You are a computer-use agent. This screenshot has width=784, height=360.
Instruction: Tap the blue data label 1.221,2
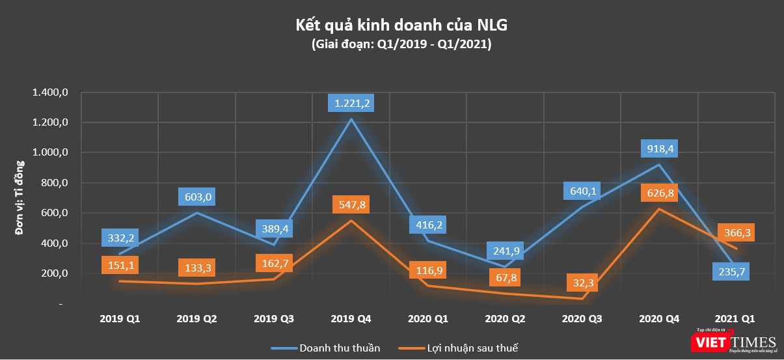pyautogui.click(x=352, y=103)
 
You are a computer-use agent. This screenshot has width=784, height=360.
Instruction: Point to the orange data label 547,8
pyautogui.click(x=351, y=204)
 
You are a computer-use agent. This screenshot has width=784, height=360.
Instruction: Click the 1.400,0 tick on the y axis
pyautogui.click(x=50, y=93)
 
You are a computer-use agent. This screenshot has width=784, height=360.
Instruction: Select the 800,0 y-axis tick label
pyautogui.click(x=54, y=183)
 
